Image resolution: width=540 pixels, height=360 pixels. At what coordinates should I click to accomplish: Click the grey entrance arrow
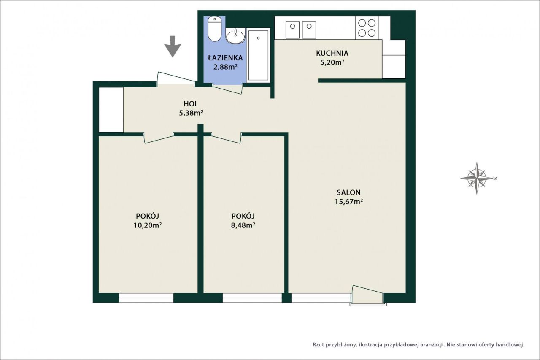point(173,46)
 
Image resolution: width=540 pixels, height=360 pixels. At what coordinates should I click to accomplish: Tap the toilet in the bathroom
point(215,29)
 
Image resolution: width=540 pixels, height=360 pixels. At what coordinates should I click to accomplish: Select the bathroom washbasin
point(235,36)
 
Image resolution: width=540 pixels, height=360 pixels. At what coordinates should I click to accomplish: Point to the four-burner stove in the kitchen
point(367,28)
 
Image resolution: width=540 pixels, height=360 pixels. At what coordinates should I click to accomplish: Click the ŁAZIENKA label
point(225,58)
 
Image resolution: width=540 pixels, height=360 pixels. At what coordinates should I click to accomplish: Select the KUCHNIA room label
point(332,53)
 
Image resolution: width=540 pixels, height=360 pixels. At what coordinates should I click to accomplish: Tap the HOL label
point(191,104)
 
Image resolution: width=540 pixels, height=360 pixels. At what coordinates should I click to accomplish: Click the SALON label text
point(348,192)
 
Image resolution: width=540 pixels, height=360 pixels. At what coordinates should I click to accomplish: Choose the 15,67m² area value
point(348,202)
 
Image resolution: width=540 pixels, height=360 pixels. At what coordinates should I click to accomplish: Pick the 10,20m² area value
point(148,225)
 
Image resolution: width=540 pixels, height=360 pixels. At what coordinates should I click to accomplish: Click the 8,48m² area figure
point(243,225)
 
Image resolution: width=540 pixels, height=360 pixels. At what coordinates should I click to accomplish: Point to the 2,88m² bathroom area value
point(225,67)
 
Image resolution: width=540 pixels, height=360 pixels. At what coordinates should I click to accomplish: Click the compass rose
point(477,179)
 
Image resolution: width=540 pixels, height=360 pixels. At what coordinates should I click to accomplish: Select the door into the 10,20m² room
point(159,138)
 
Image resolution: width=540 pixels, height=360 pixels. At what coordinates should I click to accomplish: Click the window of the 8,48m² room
point(252,298)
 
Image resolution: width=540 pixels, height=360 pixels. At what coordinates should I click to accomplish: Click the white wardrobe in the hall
point(111,110)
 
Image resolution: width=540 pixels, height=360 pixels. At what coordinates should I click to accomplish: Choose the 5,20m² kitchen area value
point(332,62)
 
